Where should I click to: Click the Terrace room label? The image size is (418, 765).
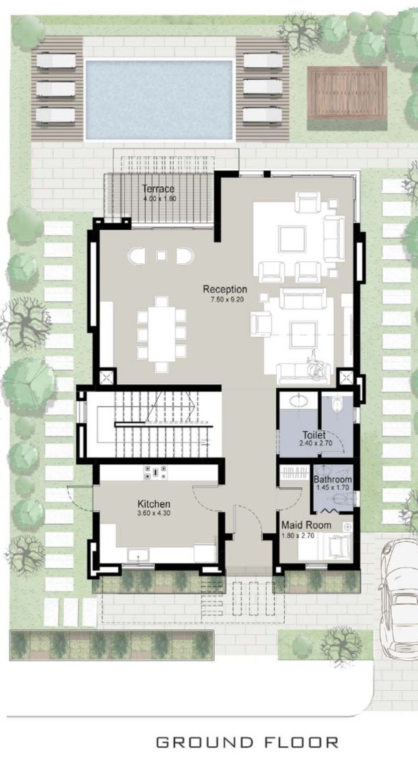159,189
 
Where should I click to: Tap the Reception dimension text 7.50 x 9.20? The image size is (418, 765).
225,299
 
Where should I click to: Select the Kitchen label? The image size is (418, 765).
154,504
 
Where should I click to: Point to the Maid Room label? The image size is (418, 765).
306,525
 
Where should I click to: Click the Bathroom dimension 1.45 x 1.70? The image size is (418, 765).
332,487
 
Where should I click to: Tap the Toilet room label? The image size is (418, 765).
314,435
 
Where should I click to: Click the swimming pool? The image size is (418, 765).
159,100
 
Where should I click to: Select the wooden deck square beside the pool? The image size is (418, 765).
346,93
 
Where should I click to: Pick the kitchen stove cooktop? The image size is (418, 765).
156,472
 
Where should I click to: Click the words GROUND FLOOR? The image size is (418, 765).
247,742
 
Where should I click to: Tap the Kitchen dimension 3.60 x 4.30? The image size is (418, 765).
154,513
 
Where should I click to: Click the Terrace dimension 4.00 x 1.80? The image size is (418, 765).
159,198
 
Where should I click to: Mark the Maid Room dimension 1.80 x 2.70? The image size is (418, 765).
298,535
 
